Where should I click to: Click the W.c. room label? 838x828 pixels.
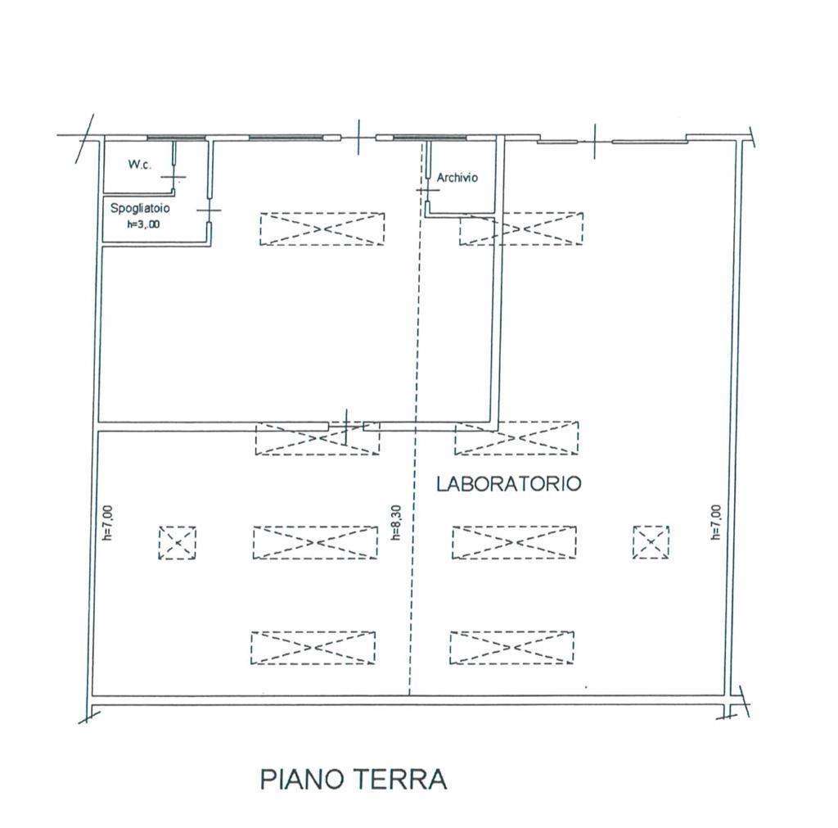coord(139,165)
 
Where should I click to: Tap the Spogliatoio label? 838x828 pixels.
coord(140,208)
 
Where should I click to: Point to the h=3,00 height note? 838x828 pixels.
coord(143,224)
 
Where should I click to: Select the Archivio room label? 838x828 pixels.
coord(457,178)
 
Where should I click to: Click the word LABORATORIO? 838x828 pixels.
coord(508,483)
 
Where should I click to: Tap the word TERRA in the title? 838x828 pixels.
coord(400,780)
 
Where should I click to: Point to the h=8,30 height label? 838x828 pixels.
coord(396,523)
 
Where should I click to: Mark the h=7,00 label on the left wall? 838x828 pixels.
coord(108,523)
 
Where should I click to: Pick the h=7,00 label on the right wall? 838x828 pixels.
coord(716,523)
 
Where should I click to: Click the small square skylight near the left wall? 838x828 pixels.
coord(178,543)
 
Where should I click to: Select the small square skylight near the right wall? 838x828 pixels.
coord(651,542)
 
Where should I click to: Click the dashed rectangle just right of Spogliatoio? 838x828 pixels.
coord(322,229)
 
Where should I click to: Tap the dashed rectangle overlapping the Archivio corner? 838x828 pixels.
coord(521,228)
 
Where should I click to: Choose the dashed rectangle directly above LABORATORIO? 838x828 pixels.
coord(516,438)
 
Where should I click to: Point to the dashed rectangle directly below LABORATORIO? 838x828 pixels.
coord(514,542)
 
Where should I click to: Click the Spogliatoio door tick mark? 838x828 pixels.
coord(209,210)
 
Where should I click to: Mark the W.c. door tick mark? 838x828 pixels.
coord(173,177)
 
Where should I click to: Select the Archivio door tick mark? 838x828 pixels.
coord(427,191)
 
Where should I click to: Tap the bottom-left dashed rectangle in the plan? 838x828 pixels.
coord(313,648)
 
